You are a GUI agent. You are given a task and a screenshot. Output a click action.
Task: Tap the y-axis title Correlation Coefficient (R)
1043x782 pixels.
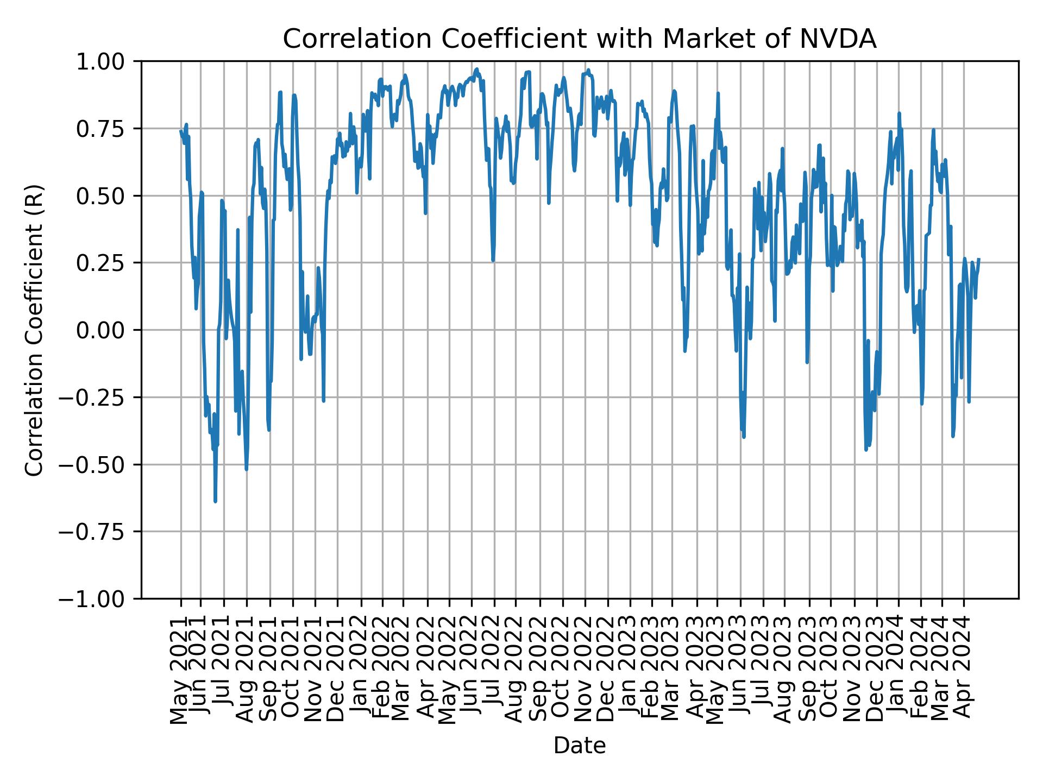[34, 330]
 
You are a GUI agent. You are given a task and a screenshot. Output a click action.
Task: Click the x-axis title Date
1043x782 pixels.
[579, 746]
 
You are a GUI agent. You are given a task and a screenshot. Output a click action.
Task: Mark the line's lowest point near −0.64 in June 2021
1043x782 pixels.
[215, 501]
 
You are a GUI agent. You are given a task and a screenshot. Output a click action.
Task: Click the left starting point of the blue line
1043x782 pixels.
[181, 131]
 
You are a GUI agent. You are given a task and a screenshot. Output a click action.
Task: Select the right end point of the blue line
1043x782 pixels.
[979, 259]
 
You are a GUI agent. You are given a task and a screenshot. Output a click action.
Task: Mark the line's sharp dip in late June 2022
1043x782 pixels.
[493, 260]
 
